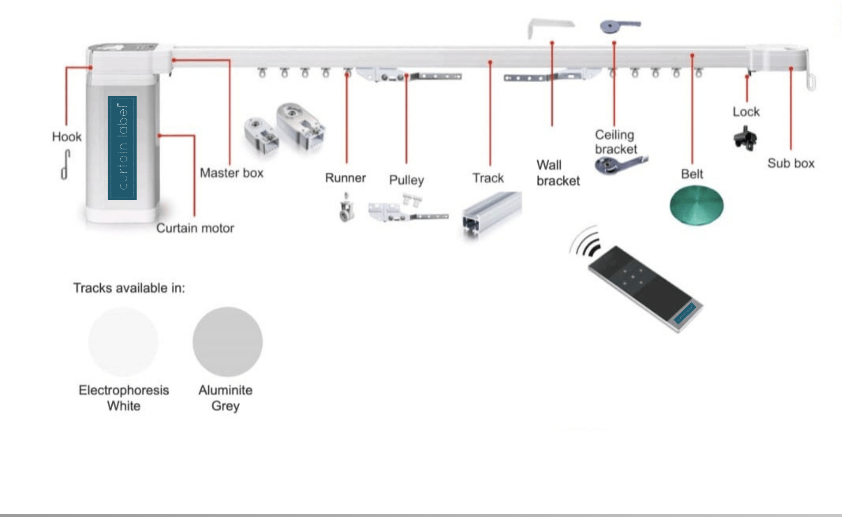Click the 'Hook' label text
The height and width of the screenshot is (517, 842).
67,136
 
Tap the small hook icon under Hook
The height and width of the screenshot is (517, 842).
65,165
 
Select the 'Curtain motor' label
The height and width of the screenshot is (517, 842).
195,228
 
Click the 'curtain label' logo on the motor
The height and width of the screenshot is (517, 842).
122,148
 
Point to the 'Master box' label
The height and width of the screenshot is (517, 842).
231,173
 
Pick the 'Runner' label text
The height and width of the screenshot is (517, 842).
345,178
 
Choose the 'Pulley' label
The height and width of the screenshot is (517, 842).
406,180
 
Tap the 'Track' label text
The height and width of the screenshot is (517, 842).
488,178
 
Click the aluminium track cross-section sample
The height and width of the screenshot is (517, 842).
491,214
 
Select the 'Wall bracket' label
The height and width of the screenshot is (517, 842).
558,173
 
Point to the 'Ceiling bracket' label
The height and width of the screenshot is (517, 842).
615,142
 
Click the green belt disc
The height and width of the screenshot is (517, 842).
696,205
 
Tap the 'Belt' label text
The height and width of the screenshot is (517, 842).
692,174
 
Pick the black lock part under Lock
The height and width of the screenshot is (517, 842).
745,138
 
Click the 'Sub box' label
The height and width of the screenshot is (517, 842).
791,163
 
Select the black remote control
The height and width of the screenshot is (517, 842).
645,288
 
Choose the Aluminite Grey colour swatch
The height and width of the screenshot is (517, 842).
227,342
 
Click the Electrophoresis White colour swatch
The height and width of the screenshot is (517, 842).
123,342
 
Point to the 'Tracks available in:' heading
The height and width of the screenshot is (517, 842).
129,288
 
